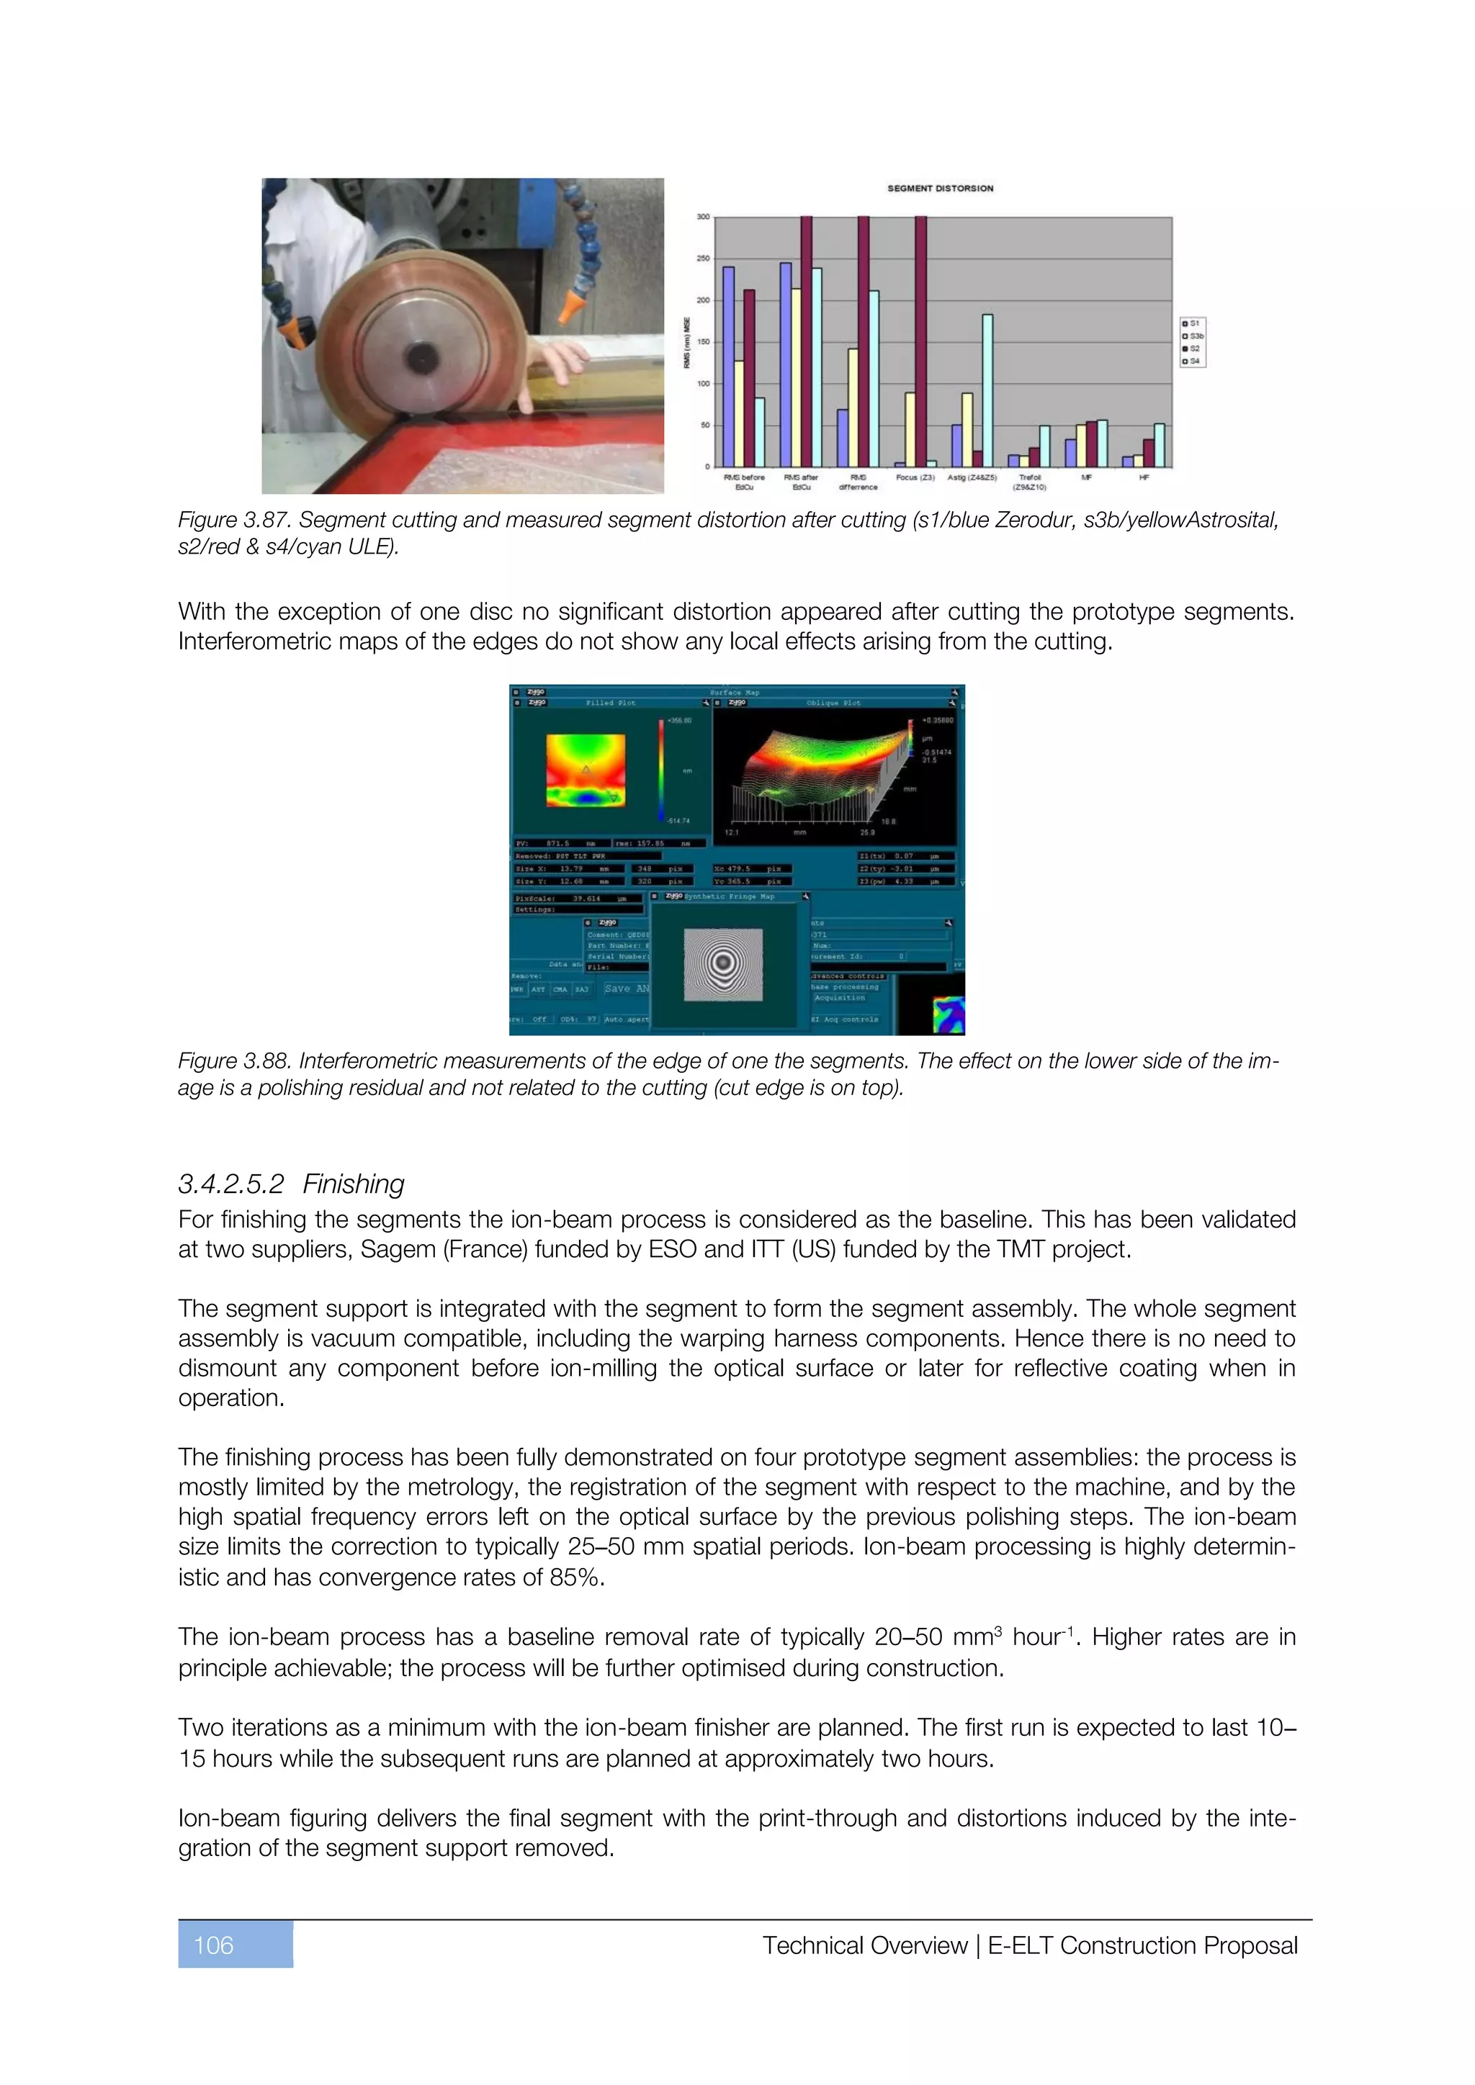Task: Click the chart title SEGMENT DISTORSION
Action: (940, 188)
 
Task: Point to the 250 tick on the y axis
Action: (703, 258)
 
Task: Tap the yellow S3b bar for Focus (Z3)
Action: (910, 430)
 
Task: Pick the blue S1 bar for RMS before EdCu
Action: (728, 366)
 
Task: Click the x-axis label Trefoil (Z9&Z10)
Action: (1029, 482)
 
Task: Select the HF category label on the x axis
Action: (1144, 477)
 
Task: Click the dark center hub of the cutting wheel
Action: (421, 357)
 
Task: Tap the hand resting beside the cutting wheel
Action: (556, 359)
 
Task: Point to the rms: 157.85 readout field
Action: (660, 844)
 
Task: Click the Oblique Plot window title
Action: (832, 703)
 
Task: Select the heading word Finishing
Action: (354, 1184)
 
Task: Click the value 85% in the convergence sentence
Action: (576, 1577)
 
